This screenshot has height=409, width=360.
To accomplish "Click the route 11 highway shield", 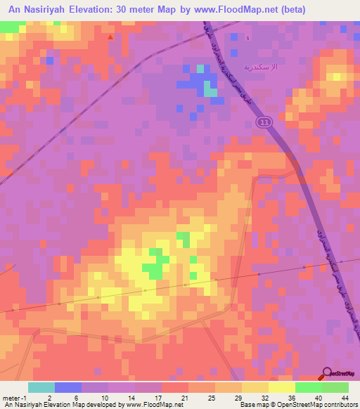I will [262, 122].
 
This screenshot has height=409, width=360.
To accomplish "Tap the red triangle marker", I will [110, 37].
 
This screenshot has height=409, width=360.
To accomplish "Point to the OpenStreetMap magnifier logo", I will [328, 372].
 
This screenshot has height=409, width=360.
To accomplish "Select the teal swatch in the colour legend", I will [41, 387].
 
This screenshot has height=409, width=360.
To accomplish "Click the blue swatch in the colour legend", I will [68, 387].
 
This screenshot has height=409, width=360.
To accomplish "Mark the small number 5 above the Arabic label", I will [247, 38].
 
